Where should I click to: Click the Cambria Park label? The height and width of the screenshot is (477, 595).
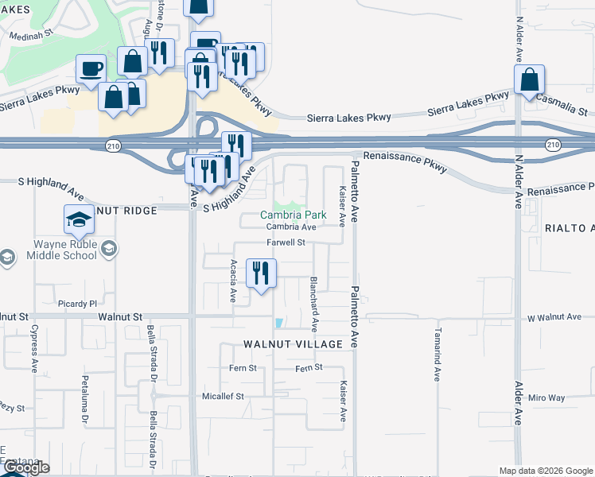[x=293, y=215]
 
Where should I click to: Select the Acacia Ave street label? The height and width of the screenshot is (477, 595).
[x=233, y=281]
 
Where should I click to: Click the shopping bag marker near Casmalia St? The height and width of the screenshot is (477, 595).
[x=528, y=80]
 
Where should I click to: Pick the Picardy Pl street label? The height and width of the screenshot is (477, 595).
[x=77, y=304]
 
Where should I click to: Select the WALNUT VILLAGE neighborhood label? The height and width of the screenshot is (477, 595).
[x=293, y=344]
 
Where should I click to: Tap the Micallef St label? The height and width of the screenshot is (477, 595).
[x=222, y=395]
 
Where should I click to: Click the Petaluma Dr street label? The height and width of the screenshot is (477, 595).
[x=83, y=395]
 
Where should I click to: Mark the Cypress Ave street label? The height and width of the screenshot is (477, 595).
[x=35, y=348]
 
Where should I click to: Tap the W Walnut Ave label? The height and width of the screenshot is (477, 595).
[x=554, y=317]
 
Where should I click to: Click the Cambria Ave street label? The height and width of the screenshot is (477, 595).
[x=292, y=227]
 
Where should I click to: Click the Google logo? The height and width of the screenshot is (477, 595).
[x=26, y=468]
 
